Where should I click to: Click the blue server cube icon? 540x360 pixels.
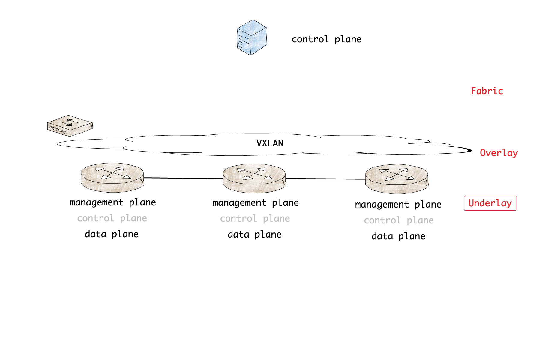252,38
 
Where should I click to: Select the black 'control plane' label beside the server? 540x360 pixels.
326,39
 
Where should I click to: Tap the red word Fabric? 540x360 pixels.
487,91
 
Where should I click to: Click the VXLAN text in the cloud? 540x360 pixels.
270,143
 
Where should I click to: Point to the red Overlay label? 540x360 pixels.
499,153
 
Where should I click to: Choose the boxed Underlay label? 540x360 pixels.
490,203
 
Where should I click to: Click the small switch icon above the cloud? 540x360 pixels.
70,126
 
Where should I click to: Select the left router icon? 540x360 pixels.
112,178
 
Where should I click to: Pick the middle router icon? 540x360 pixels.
254,178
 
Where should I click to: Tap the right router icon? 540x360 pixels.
397,179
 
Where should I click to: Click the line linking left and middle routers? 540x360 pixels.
183,178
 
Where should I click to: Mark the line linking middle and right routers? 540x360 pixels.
325,179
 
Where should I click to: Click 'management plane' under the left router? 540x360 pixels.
112,202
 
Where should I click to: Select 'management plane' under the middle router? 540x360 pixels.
256,203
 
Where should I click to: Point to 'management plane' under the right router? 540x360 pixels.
398,205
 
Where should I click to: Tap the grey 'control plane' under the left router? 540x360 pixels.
112,218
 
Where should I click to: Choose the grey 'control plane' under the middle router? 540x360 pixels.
255,219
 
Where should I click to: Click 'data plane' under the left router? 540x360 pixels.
112,234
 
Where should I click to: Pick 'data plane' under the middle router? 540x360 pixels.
254,235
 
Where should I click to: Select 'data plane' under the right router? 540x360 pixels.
398,236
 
